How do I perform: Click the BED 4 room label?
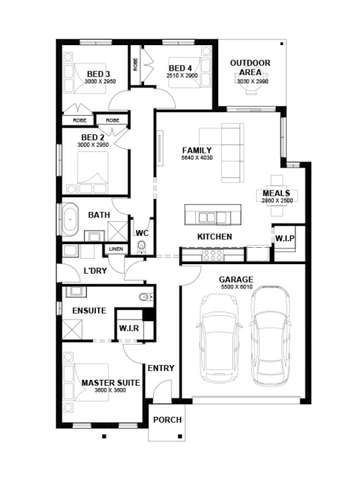(180, 68)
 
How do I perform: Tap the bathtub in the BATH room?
(70, 220)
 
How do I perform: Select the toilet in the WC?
(142, 247)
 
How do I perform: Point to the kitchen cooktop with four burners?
(213, 255)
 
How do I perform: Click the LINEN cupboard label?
(116, 249)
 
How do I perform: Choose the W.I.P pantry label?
(284, 239)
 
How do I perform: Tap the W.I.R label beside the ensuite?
(129, 329)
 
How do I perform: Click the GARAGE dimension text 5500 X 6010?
(237, 287)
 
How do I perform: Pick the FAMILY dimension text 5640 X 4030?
(197, 157)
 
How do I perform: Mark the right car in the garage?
(270, 336)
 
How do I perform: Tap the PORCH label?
(168, 420)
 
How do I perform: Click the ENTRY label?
(161, 368)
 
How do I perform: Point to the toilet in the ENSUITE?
(145, 297)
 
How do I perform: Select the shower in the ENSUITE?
(72, 329)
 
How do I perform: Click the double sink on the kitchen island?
(207, 217)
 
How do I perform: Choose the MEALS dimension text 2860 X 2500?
(277, 200)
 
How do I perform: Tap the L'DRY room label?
(95, 271)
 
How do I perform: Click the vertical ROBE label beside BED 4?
(136, 65)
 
